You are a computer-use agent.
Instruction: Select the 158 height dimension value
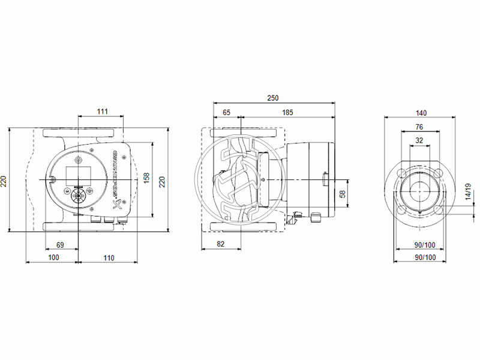click(x=146, y=179)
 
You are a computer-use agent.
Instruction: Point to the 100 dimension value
click(x=53, y=257)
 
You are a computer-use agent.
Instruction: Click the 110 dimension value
click(x=108, y=257)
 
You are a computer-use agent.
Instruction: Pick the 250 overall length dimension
click(x=273, y=98)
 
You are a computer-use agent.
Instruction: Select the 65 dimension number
click(x=226, y=112)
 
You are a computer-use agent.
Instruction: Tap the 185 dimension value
click(x=287, y=112)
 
